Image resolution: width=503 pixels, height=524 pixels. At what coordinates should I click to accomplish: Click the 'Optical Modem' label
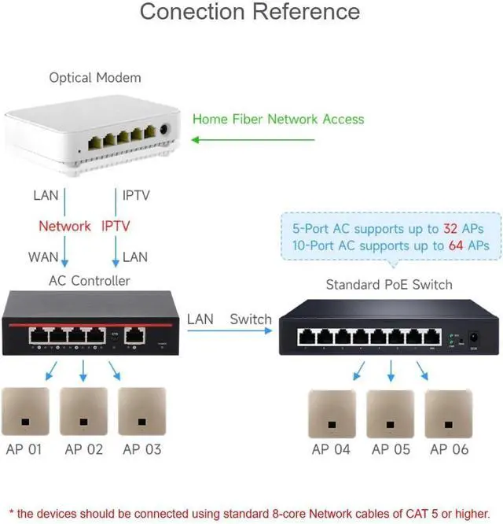(x=95, y=78)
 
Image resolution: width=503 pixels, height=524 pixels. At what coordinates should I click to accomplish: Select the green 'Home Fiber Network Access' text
(x=278, y=120)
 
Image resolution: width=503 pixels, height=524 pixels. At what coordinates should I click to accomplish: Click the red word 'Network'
(x=64, y=227)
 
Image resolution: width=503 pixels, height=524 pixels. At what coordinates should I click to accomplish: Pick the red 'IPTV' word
(x=116, y=227)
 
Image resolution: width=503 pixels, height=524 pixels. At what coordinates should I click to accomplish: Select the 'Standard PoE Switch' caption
(x=389, y=284)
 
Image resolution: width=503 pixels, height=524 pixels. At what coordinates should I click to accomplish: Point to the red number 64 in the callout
(x=459, y=245)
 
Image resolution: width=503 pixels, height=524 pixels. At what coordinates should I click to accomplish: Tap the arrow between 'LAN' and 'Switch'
(x=232, y=330)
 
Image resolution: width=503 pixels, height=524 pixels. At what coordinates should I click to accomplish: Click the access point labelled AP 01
(x=25, y=411)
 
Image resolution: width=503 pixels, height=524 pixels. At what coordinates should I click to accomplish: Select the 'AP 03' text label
(x=141, y=450)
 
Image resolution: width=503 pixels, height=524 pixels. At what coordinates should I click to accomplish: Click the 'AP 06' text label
(x=449, y=450)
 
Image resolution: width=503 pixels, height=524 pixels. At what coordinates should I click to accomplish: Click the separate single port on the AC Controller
(x=136, y=334)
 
